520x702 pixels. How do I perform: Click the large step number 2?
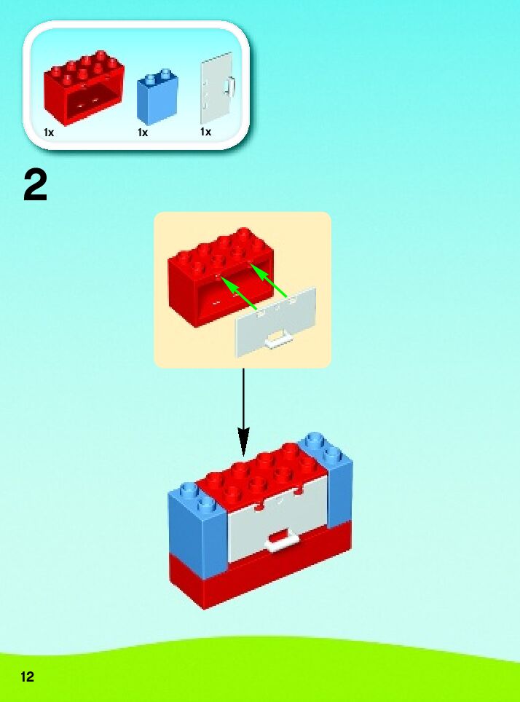(36, 186)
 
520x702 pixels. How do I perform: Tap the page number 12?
(27, 677)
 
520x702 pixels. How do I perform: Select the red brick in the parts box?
(83, 87)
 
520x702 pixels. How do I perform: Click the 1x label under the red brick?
(49, 133)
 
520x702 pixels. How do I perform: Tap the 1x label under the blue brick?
(143, 133)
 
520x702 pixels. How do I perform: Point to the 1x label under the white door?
(205, 132)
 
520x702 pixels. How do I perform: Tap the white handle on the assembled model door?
(283, 539)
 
